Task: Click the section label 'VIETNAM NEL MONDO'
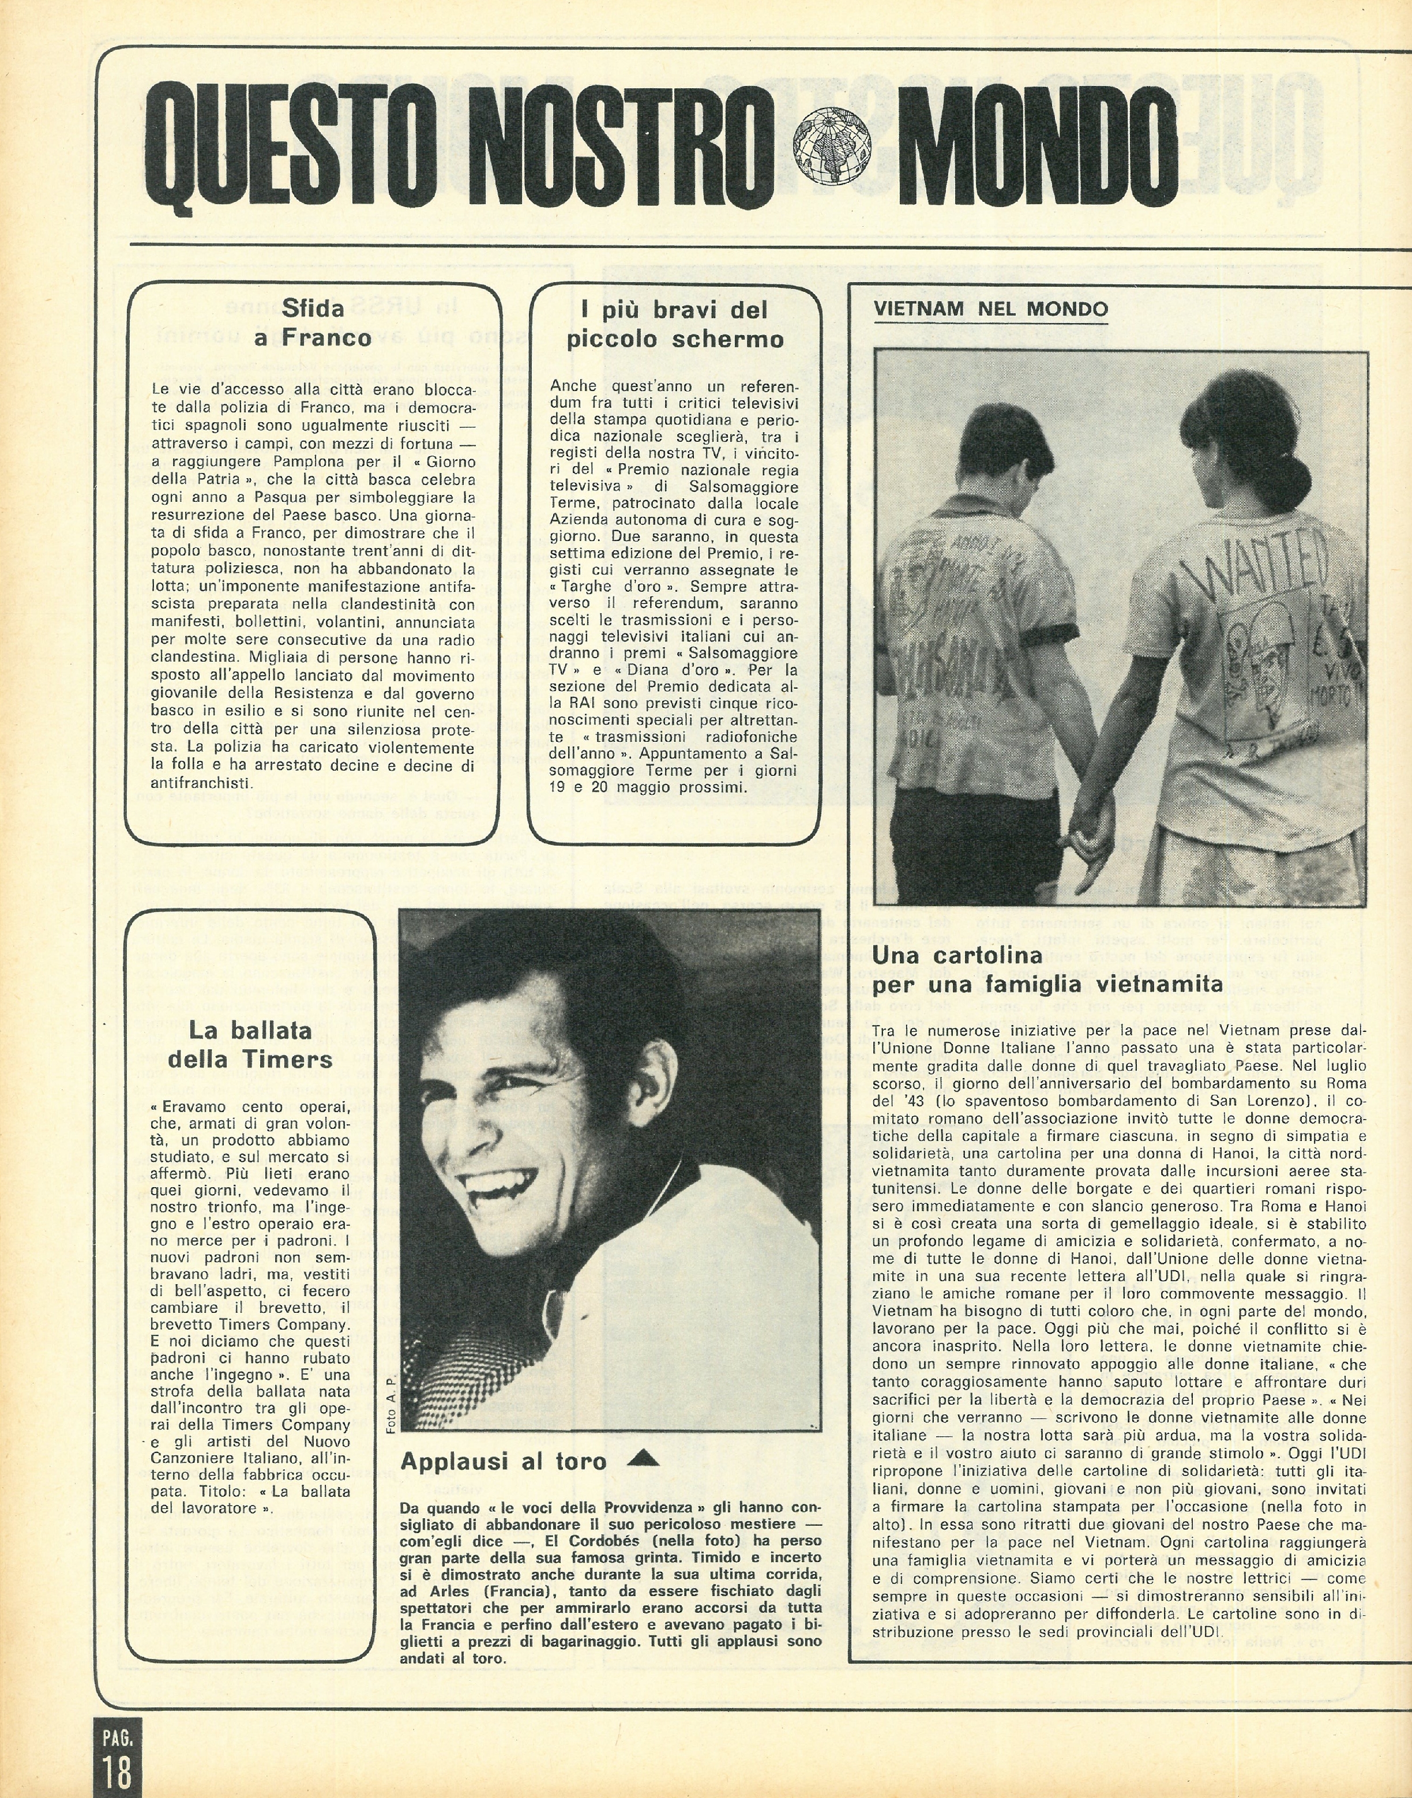point(990,309)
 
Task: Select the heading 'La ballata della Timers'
point(250,1045)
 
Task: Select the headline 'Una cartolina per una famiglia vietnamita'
point(1047,970)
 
